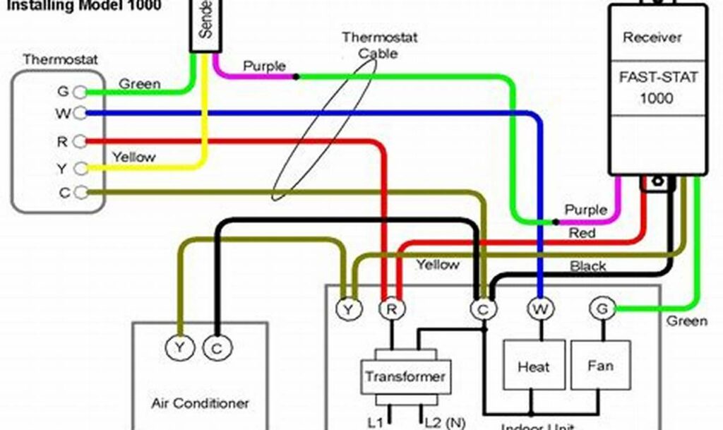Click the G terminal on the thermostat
(80, 92)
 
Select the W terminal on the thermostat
(80, 113)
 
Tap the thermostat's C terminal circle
(80, 192)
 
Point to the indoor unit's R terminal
(390, 309)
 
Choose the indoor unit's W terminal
(540, 309)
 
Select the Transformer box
(405, 376)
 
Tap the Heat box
(533, 367)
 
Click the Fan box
(600, 366)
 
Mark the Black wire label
(588, 266)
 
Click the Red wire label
(582, 232)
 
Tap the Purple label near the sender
(264, 66)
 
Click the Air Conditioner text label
(201, 403)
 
